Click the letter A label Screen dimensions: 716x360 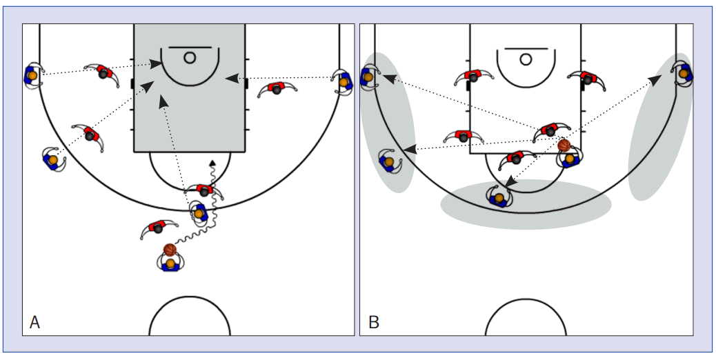(34, 322)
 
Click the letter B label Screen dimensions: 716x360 (374, 322)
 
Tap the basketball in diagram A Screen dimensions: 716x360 (170, 250)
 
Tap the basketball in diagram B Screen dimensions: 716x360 (564, 146)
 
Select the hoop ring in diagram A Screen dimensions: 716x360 (190, 58)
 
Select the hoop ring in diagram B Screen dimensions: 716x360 (526, 59)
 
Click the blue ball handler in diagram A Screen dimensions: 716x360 (170, 263)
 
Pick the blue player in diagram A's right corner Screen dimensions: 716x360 (343, 81)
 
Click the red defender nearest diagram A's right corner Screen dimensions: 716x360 (277, 89)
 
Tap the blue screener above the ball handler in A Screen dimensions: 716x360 (199, 213)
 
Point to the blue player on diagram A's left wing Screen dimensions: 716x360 (52, 159)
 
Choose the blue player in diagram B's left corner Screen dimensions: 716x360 (368, 76)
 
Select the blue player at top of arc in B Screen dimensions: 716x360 (499, 197)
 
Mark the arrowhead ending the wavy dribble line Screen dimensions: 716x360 (212, 163)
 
